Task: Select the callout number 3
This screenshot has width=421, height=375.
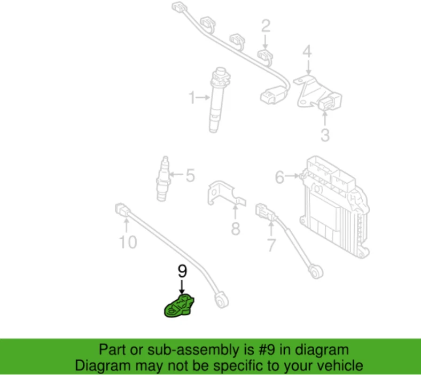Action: [325, 136]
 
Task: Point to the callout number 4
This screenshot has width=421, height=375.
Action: [307, 52]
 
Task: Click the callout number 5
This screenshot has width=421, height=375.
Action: [190, 175]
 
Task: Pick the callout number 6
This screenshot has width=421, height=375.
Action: [279, 177]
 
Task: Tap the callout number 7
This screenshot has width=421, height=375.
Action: [271, 245]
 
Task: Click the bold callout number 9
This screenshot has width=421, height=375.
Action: [183, 271]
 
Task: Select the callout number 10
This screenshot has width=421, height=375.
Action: [128, 242]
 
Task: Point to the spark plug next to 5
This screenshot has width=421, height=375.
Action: [162, 179]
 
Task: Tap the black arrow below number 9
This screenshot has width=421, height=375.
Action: [183, 286]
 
